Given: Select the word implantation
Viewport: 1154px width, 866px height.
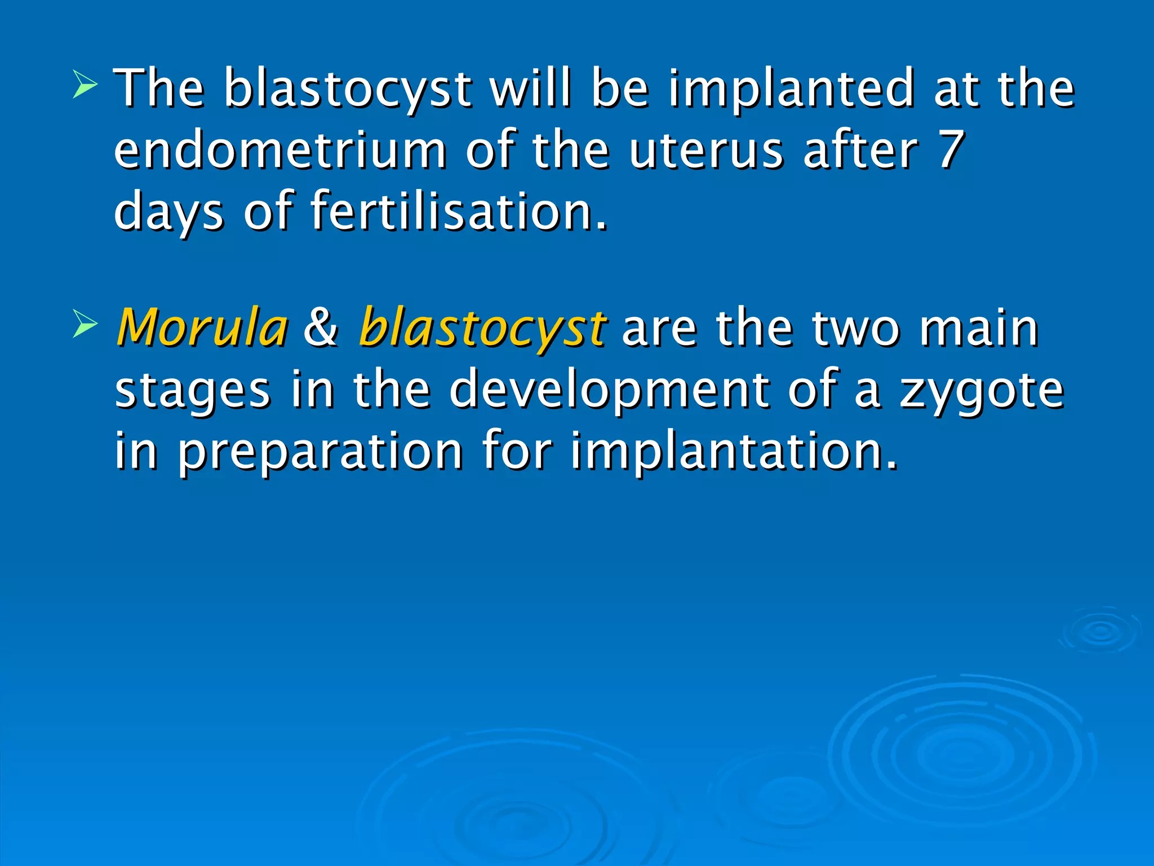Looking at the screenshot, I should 734,451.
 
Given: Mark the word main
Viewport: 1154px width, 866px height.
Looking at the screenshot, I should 979,329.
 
